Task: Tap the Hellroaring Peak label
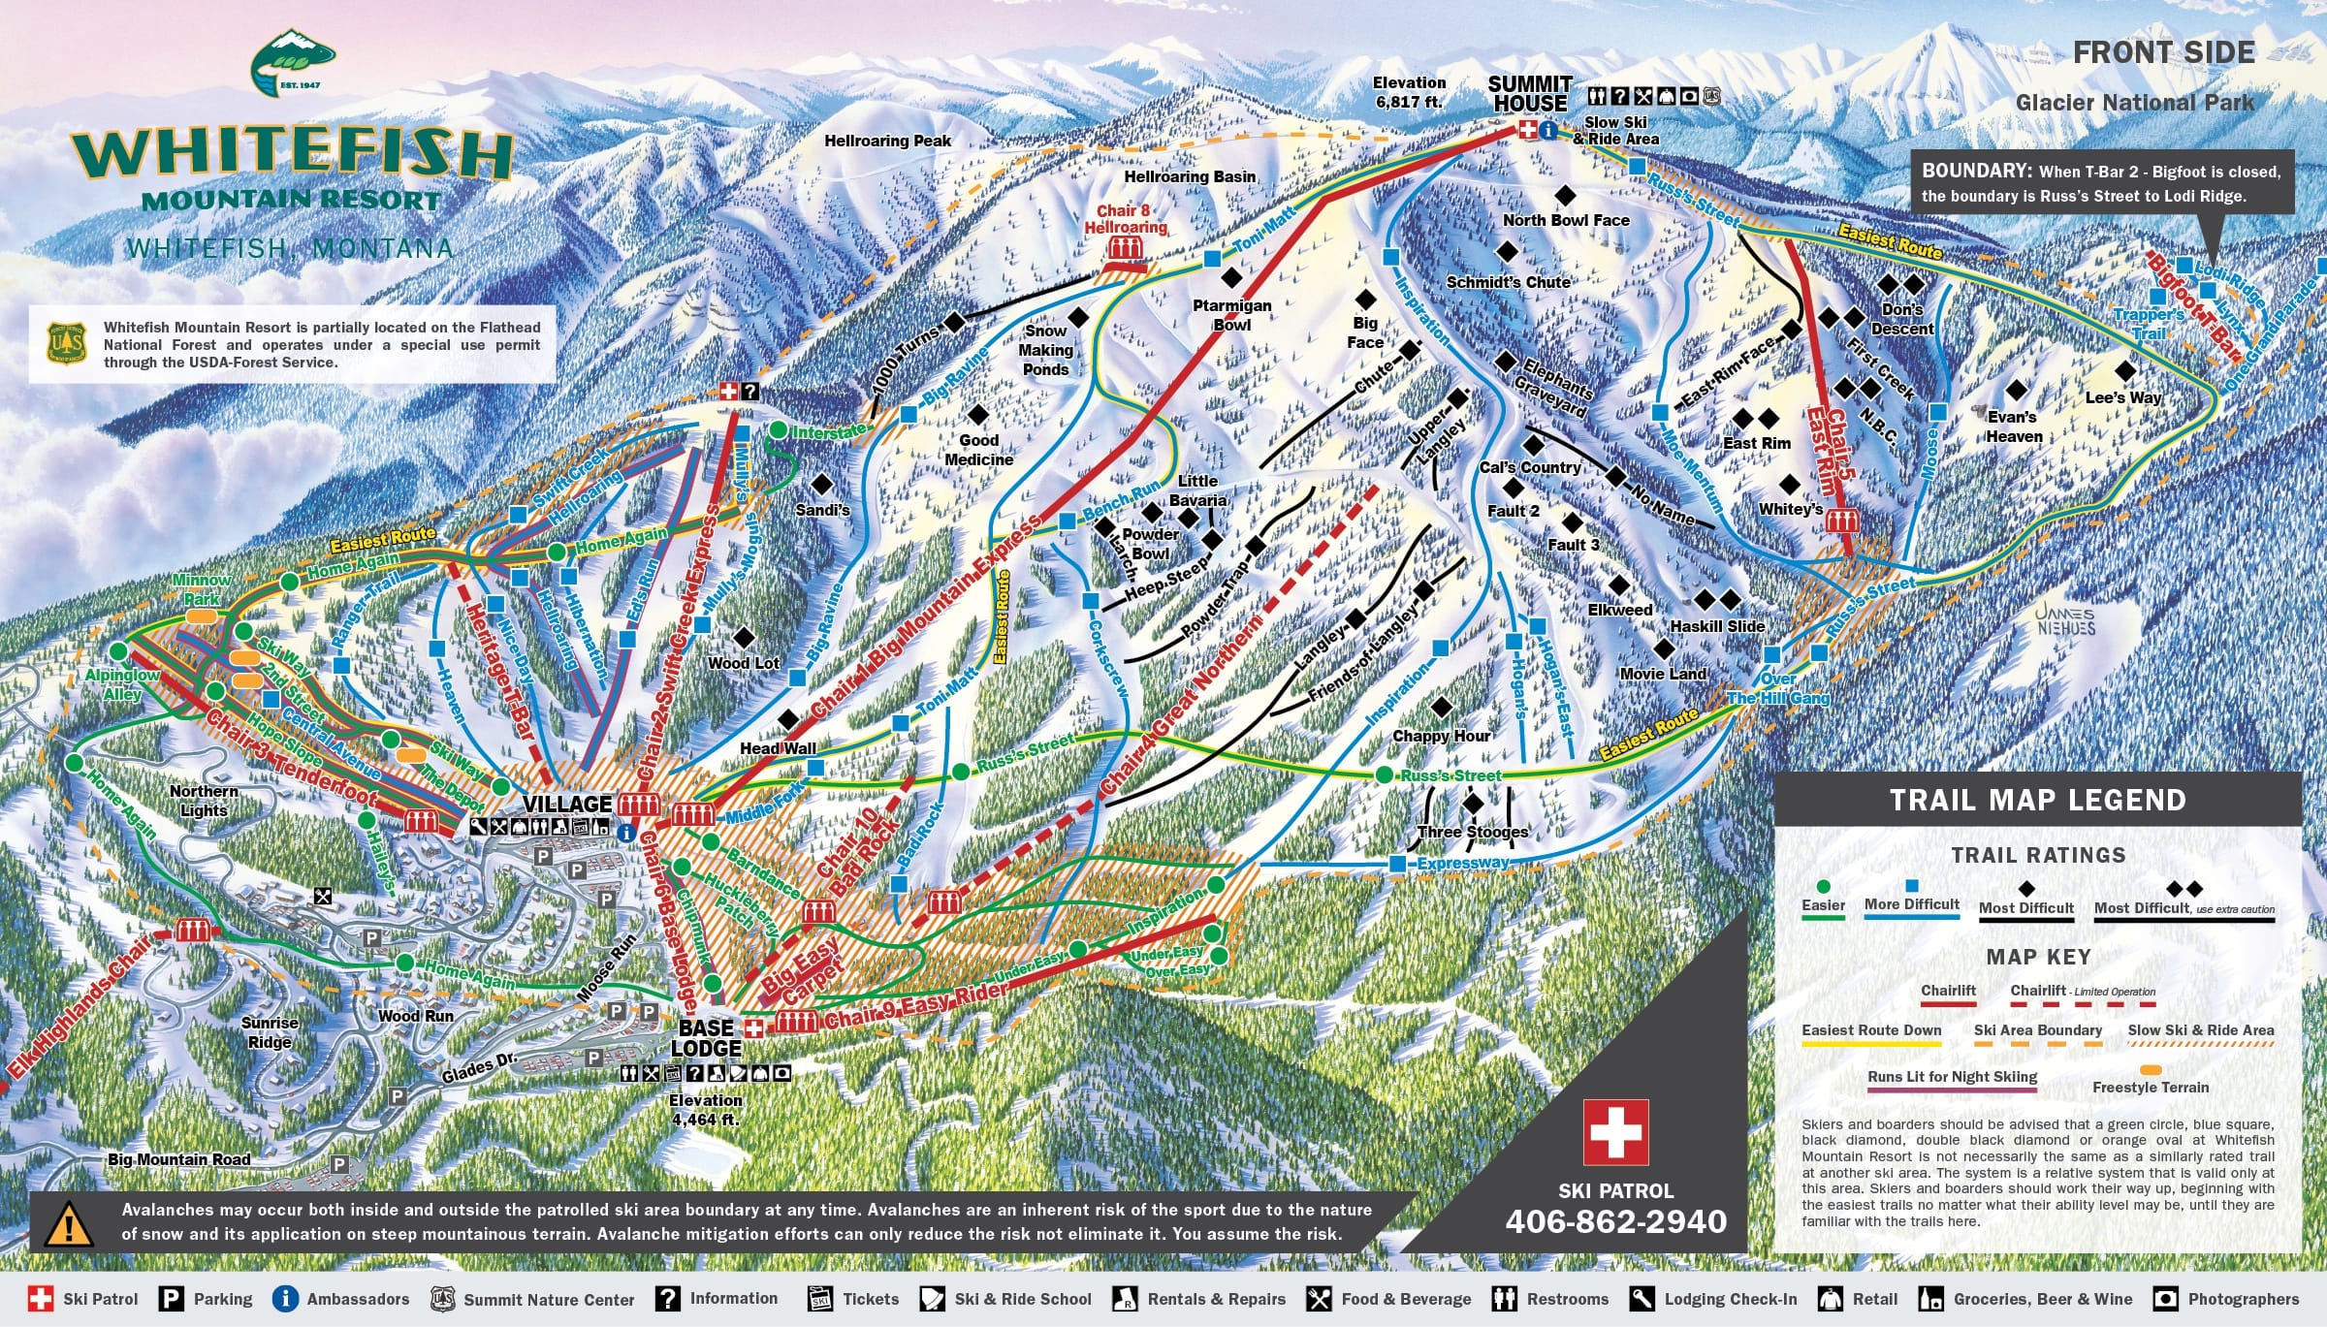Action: point(887,141)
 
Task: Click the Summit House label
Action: point(1529,94)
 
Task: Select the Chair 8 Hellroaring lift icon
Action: point(1125,250)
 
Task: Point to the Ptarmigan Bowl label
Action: point(1231,315)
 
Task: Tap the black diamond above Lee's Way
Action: point(2124,370)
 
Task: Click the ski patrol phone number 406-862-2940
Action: point(1615,1221)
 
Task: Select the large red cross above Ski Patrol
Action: point(1615,1131)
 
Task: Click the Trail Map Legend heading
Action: point(2037,800)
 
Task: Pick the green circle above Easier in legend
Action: point(1823,886)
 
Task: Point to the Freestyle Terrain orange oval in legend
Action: point(2151,1070)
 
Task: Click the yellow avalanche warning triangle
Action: point(68,1225)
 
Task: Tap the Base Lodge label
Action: point(706,1038)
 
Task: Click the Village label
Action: point(567,804)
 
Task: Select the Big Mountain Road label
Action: point(178,1159)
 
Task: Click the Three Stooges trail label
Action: point(1472,832)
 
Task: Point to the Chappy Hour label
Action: point(1441,736)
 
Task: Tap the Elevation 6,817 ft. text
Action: point(1409,92)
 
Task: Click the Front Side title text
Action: point(2163,52)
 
